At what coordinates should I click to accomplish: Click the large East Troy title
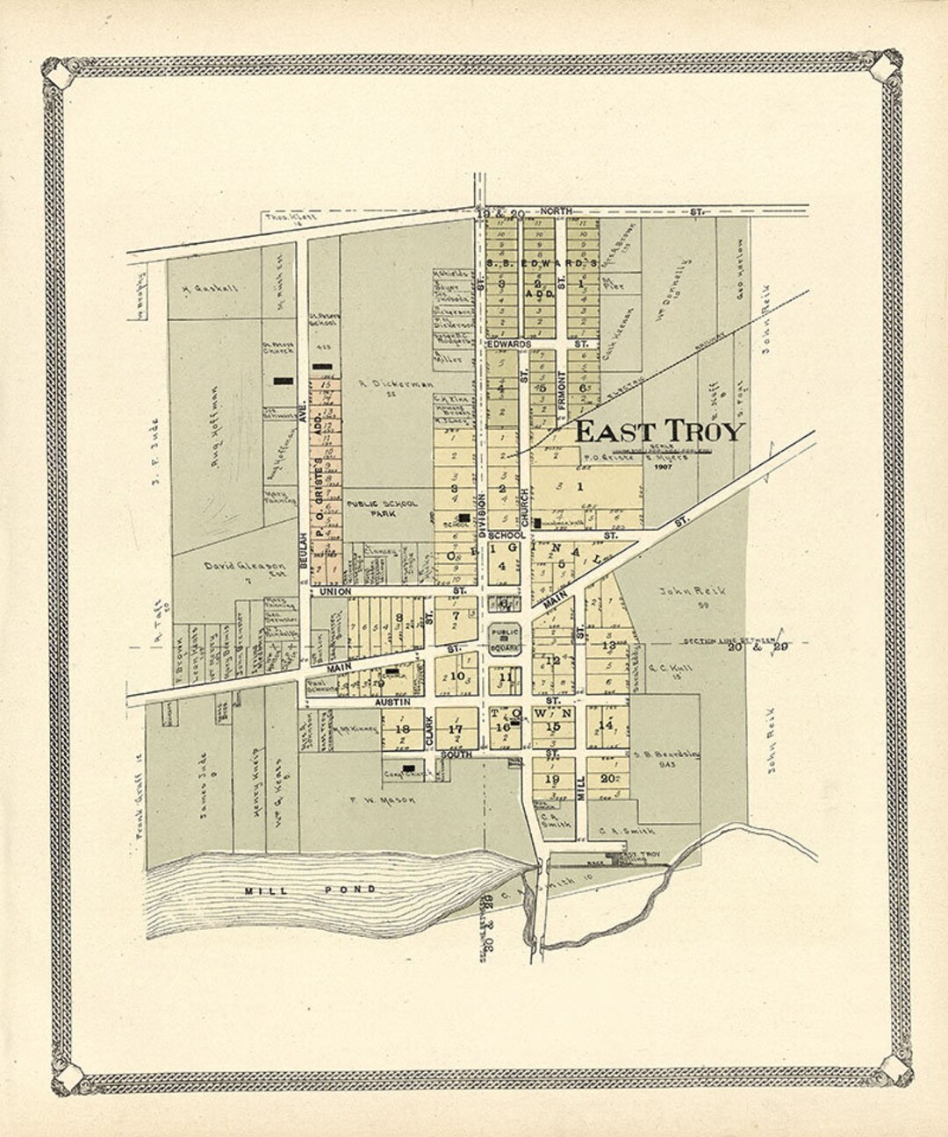(x=659, y=432)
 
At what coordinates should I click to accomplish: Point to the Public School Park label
(x=382, y=509)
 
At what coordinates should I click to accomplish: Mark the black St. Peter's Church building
(x=283, y=381)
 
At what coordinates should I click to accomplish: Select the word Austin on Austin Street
(x=369, y=703)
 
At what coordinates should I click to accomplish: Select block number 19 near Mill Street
(x=552, y=778)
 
